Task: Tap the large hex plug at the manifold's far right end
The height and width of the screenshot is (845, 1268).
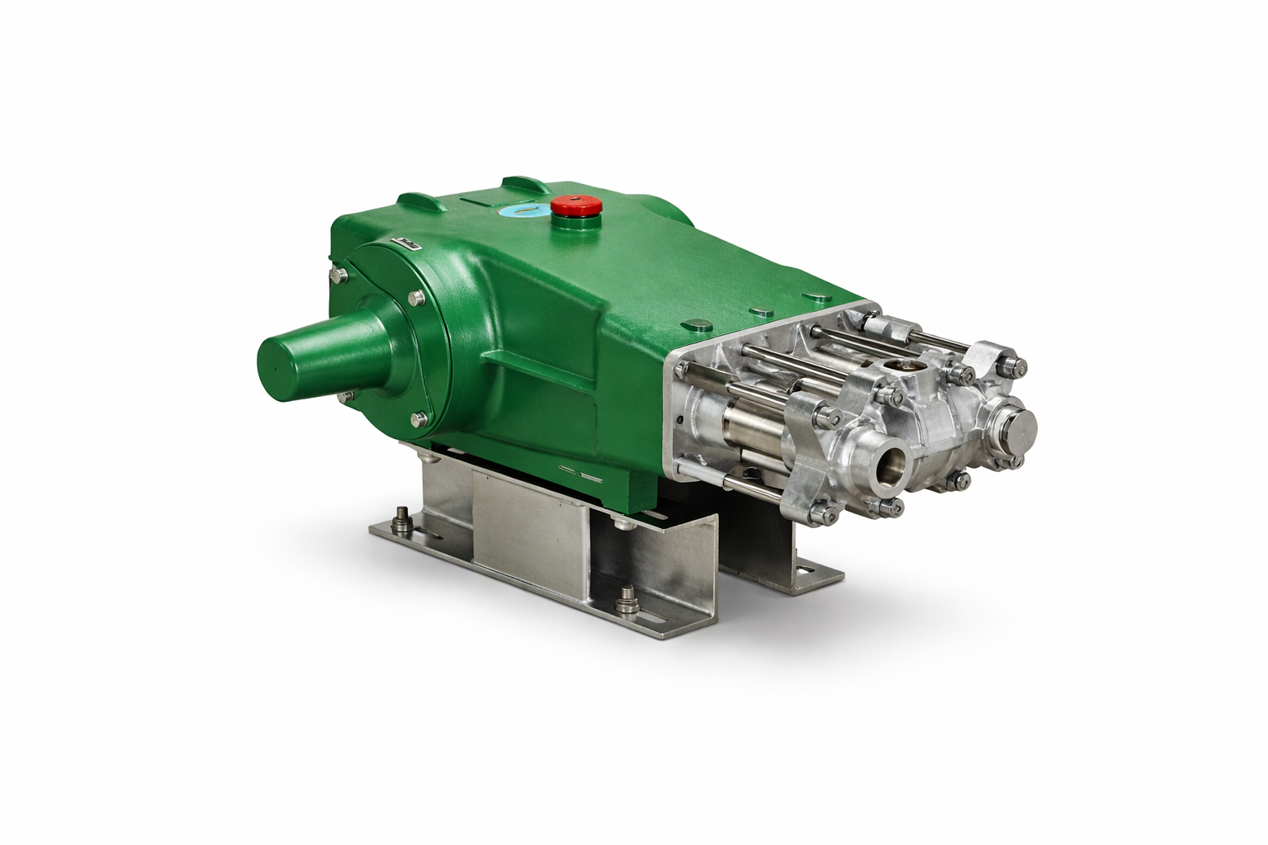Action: point(1021,427)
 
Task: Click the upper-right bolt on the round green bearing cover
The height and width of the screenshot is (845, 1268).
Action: point(415,298)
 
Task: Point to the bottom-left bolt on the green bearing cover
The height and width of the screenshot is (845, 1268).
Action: point(343,397)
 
